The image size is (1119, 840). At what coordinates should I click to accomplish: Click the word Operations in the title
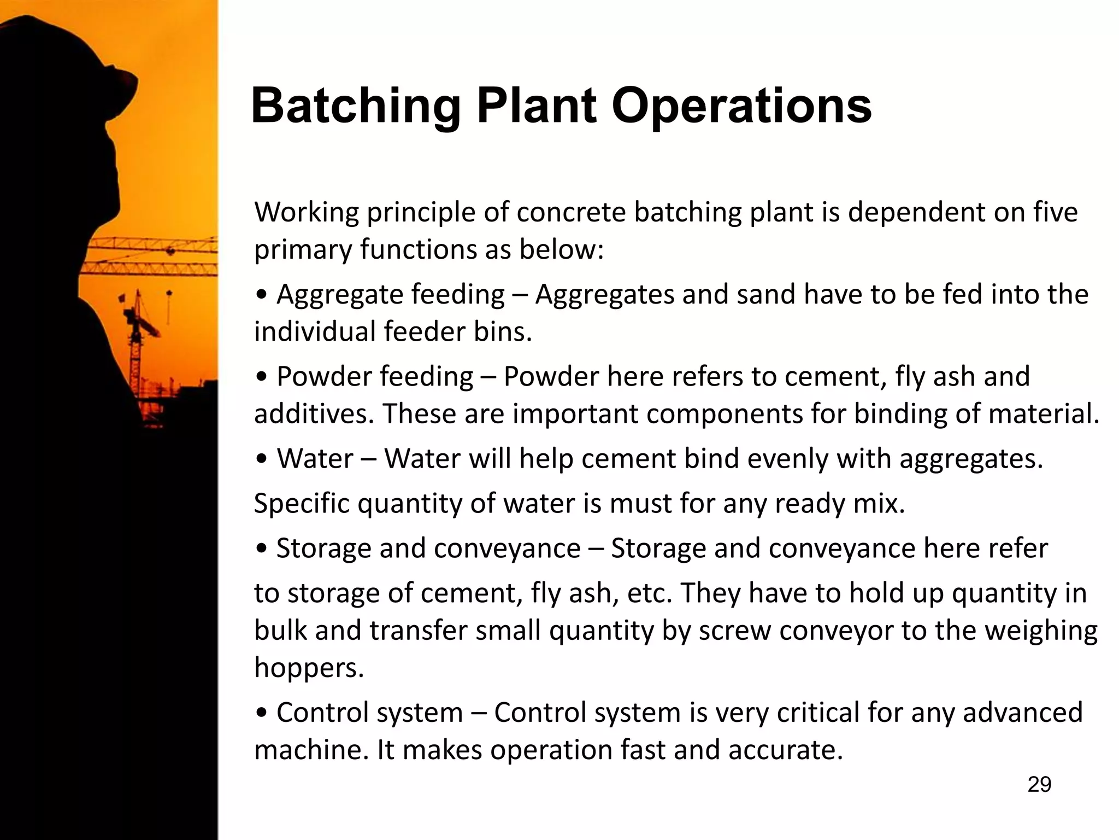[741, 106]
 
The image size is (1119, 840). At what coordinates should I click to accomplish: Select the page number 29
[1039, 784]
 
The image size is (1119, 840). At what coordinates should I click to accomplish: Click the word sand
[765, 294]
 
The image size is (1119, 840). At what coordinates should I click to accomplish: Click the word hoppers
[309, 668]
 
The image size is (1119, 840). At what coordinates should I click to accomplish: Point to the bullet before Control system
[262, 713]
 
